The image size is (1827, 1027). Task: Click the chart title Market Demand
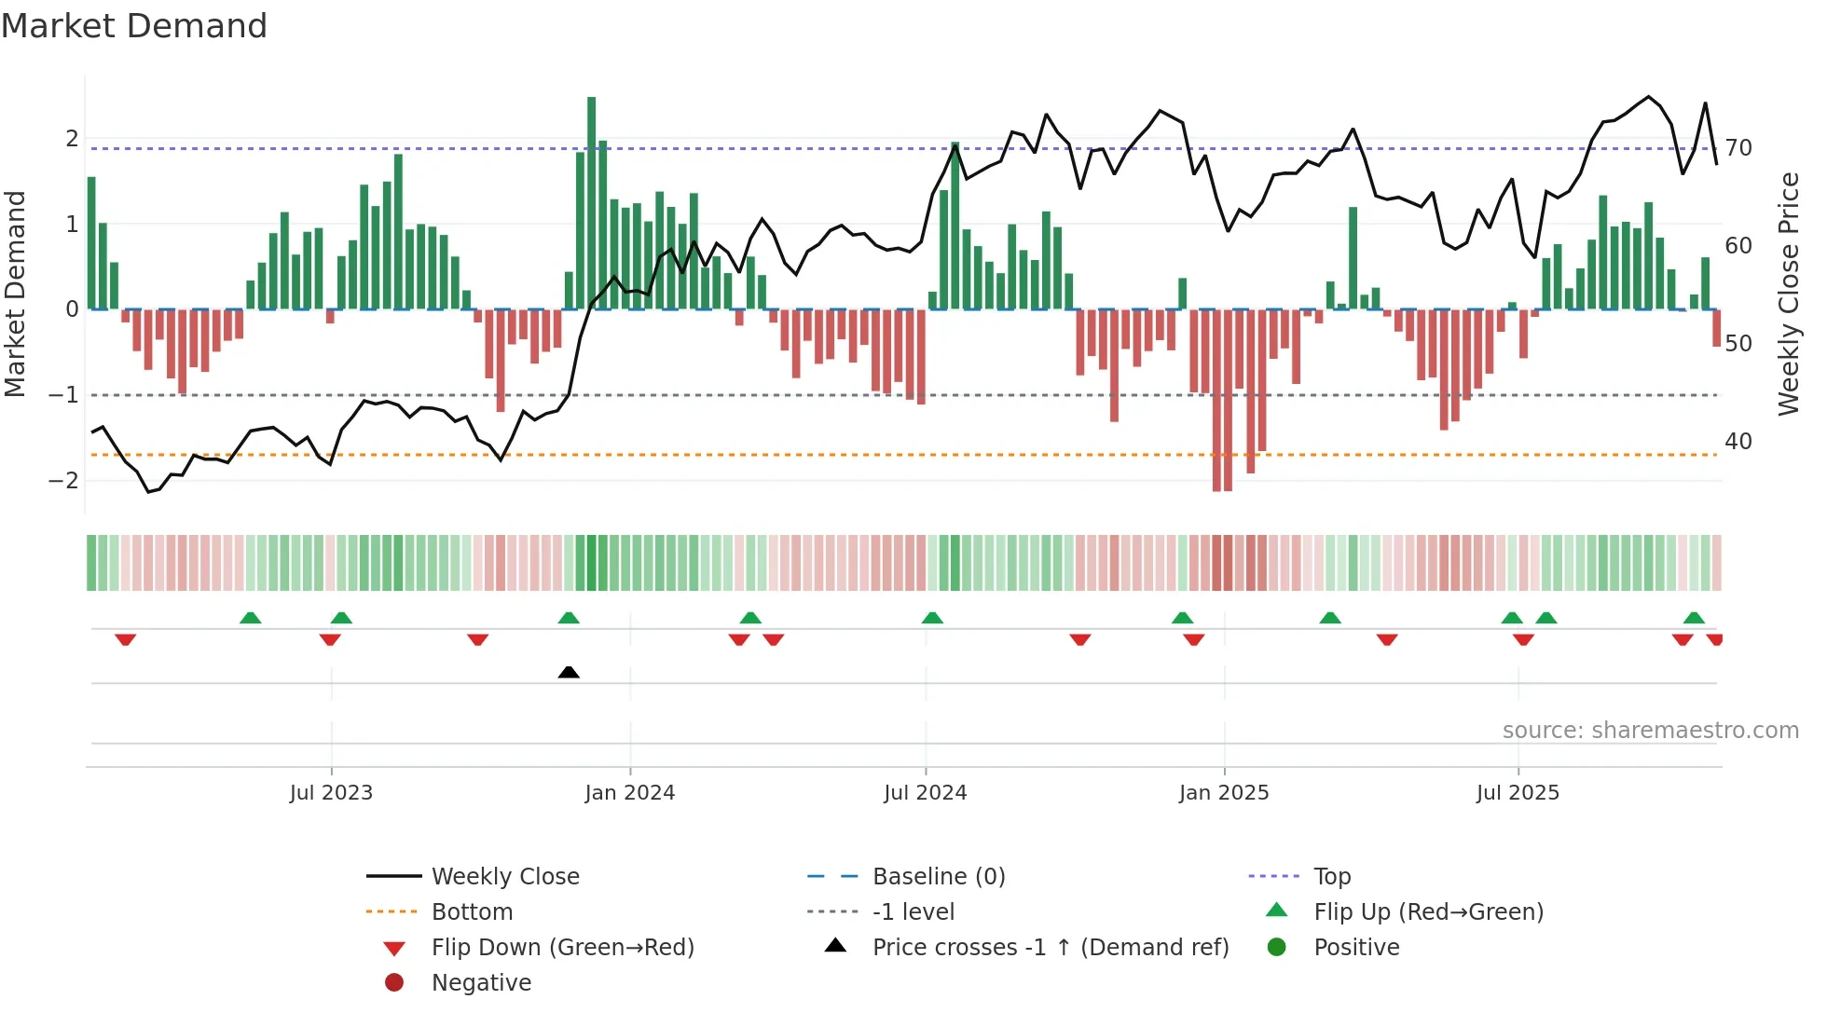click(x=134, y=26)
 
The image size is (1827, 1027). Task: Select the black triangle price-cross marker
click(x=569, y=672)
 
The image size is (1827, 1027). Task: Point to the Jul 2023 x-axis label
click(x=331, y=793)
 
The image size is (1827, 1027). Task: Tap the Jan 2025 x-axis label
click(x=1224, y=793)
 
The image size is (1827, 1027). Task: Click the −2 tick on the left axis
click(x=63, y=481)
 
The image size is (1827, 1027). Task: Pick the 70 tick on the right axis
click(x=1738, y=148)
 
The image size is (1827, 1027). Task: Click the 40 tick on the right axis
click(x=1738, y=442)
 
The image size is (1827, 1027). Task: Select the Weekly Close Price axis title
click(x=1788, y=294)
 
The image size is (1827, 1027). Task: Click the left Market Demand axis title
click(x=16, y=294)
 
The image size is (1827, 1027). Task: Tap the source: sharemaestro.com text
click(x=1650, y=731)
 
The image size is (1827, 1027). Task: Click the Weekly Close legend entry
click(x=505, y=877)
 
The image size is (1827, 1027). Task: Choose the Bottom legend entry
click(x=472, y=912)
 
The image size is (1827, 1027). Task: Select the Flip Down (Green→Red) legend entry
click(x=562, y=948)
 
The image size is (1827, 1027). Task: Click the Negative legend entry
click(x=481, y=983)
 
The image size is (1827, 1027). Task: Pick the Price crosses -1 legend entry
click(x=1051, y=948)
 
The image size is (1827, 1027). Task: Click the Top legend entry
click(x=1332, y=877)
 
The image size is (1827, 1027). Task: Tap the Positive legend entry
click(x=1356, y=948)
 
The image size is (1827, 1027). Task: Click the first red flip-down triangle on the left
click(x=126, y=639)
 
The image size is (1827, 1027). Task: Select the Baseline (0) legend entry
click(x=939, y=877)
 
